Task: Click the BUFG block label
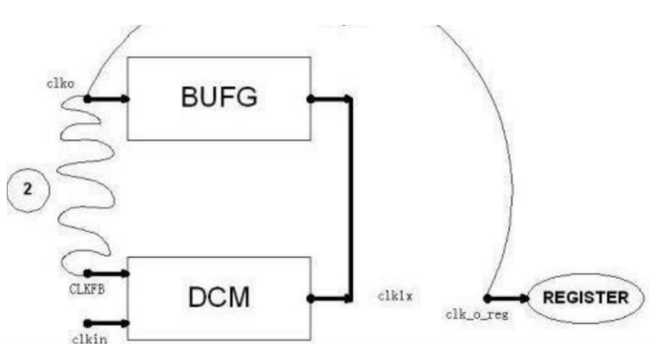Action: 219,96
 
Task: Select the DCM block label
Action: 219,297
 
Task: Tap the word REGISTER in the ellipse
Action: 586,297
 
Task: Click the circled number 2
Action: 28,189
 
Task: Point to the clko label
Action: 60,83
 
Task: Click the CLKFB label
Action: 87,288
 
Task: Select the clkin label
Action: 90,339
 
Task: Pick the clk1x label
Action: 395,296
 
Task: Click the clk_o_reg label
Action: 477,314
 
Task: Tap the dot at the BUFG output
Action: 310,99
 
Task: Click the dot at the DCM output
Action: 310,298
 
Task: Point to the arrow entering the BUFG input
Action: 108,98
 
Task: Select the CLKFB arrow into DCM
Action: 108,273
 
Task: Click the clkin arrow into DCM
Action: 108,323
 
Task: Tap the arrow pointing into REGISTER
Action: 506,298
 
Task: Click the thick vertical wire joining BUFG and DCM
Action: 350,199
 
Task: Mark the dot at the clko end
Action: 88,98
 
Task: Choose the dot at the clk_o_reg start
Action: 488,298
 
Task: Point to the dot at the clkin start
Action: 88,323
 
